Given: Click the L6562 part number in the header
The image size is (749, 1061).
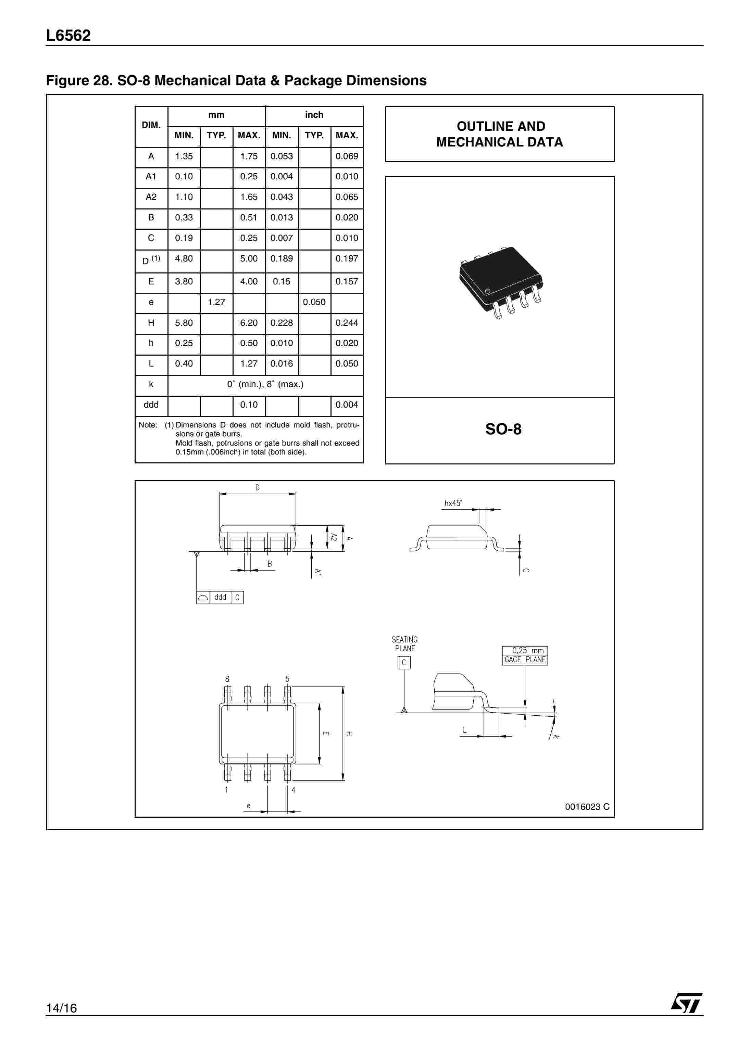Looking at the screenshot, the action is [68, 36].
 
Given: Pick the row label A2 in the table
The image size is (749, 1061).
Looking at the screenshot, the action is [151, 197].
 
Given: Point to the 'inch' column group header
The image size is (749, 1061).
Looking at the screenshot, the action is [314, 115].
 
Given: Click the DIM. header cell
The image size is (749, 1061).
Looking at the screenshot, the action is [151, 125].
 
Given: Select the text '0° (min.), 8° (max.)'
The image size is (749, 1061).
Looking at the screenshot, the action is [265, 384].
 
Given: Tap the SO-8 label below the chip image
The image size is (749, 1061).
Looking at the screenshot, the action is [503, 429].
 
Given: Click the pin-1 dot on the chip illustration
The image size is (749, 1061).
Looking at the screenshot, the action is [487, 291].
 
